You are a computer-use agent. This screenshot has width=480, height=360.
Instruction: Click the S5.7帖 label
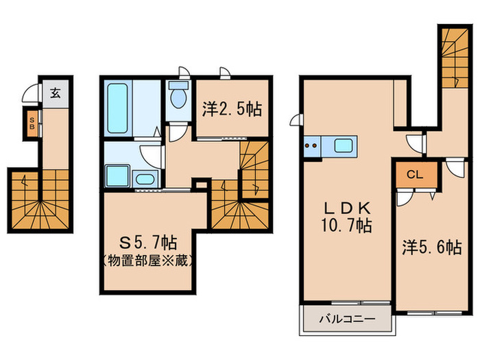coord(149,243)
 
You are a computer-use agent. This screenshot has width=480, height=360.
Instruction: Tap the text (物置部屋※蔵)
coord(149,261)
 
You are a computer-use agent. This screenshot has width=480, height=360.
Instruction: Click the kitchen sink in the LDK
coord(343,145)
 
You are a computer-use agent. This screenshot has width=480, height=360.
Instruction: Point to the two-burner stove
coord(311,145)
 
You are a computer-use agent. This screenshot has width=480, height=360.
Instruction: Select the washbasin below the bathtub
coord(145,180)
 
